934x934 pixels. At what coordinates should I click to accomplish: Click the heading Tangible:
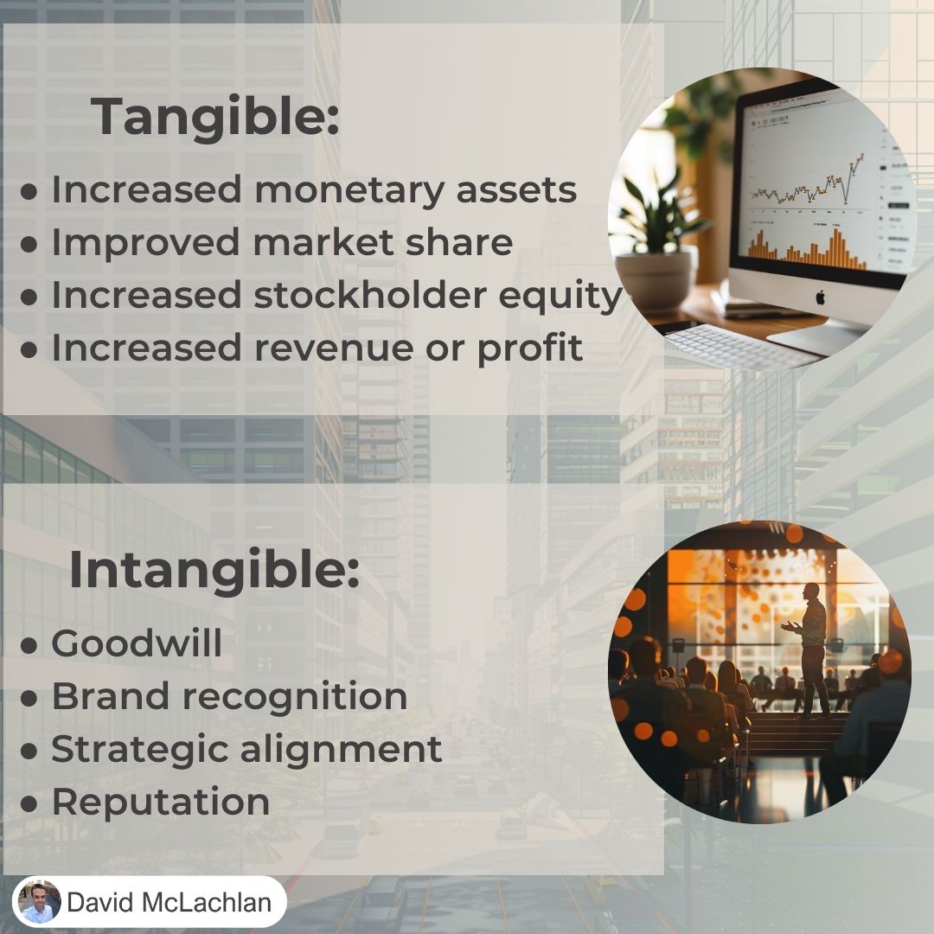(215, 117)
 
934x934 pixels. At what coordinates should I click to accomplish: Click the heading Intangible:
(214, 569)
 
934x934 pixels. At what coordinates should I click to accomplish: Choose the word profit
(529, 348)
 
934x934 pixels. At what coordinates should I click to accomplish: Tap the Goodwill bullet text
(137, 643)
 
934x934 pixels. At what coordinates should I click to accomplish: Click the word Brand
(111, 695)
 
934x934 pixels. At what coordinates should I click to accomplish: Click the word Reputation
(161, 802)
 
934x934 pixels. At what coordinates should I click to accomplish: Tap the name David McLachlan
(170, 902)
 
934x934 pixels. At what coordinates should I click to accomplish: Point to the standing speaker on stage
(811, 649)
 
